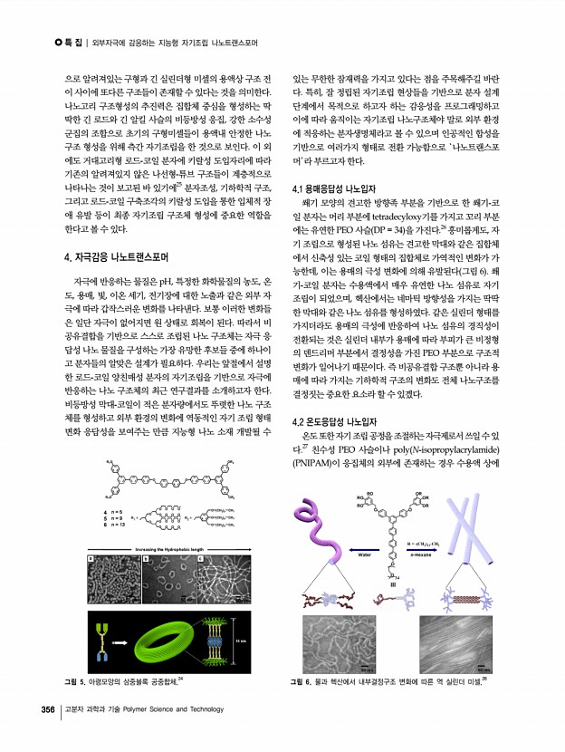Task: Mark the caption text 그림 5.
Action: (70, 679)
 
